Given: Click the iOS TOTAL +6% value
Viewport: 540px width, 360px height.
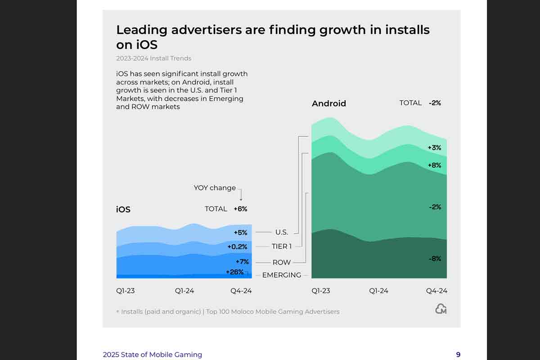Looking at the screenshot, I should pos(240,209).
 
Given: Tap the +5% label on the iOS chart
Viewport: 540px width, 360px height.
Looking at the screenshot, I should pos(240,233).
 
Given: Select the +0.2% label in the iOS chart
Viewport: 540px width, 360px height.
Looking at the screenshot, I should pos(237,247).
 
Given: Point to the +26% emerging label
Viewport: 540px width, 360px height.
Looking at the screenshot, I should pos(234,272).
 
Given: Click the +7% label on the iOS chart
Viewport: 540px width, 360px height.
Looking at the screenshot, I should pos(242,261).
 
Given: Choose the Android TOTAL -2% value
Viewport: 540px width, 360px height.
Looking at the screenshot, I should pos(435,103).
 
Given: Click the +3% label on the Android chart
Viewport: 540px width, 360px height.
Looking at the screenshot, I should pos(435,148).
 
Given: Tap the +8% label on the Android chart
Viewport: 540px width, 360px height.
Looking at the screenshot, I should pos(435,165).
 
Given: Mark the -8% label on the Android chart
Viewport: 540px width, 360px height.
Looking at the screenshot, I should pos(435,259).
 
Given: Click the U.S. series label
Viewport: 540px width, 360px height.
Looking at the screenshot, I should pos(281,232).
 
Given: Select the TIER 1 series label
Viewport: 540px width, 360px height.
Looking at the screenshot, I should pos(282,247).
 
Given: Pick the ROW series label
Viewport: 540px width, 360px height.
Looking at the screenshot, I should pos(282,262).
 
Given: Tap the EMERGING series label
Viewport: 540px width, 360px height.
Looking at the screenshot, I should pos(282,275).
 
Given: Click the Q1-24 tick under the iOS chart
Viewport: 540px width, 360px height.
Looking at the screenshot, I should pos(184,291).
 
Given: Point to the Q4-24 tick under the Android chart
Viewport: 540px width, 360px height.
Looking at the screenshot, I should pos(436,291).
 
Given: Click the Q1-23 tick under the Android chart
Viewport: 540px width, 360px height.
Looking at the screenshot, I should pos(321,291).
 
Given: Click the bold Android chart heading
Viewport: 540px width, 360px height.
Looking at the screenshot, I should pos(329,103).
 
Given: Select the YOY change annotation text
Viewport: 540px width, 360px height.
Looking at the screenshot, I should pos(215,188).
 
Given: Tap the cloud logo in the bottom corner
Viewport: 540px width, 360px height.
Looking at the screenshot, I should pos(441,309).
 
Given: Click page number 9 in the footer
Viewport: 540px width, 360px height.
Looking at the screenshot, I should pos(458,355).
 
